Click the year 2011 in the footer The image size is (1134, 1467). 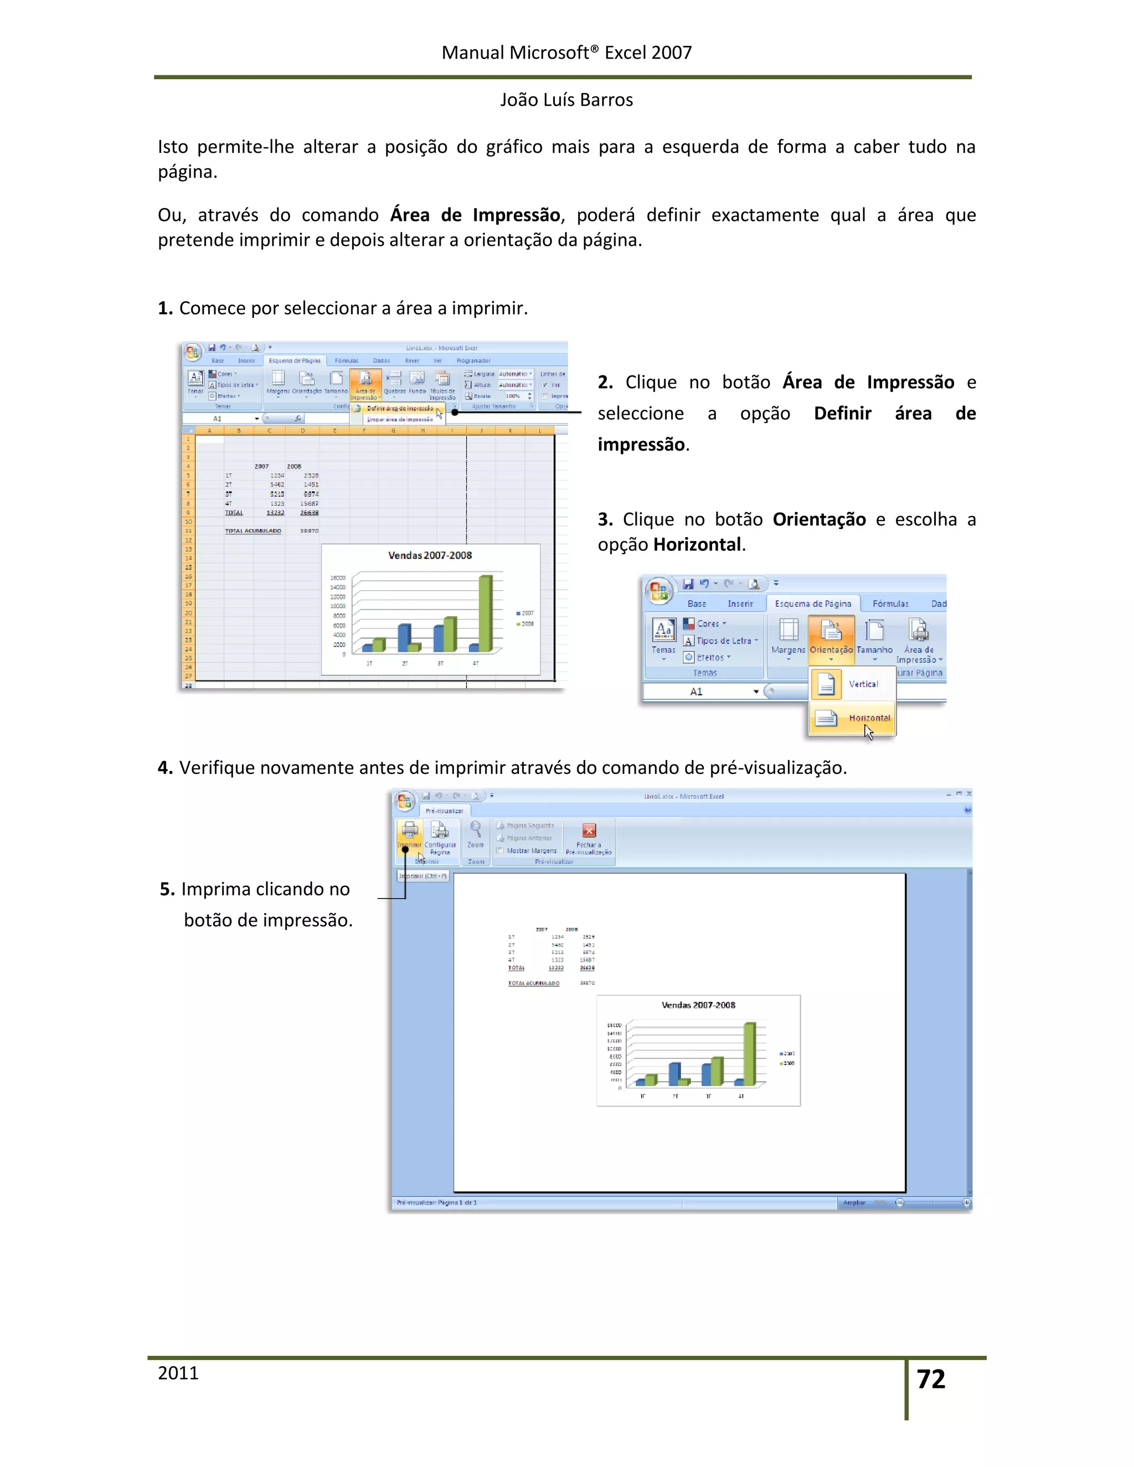(178, 1373)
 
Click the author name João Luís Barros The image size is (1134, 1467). (566, 100)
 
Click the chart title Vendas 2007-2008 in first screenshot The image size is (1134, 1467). (430, 555)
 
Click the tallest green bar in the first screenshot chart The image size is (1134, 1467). (485, 613)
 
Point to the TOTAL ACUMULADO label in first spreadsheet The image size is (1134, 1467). (252, 531)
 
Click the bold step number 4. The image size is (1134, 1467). (165, 768)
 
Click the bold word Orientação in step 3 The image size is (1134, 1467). (819, 519)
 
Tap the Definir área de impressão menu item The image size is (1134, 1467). (399, 409)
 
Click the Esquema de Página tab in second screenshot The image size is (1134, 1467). (812, 604)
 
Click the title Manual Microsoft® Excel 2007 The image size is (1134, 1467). (566, 53)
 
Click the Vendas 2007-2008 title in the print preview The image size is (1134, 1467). (698, 1005)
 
